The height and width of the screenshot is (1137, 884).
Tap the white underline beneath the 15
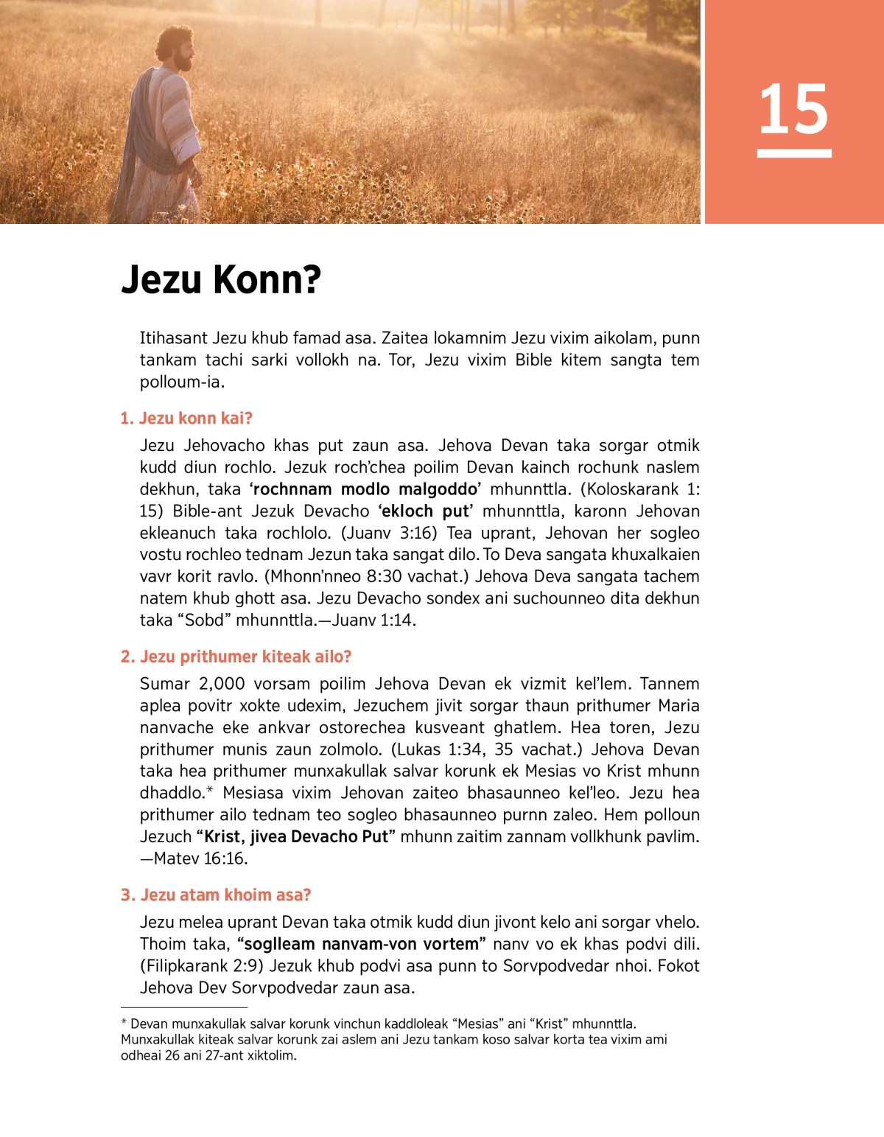[x=793, y=153]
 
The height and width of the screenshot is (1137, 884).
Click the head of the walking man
[x=177, y=48]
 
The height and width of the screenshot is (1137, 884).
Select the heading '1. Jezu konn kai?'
[x=186, y=419]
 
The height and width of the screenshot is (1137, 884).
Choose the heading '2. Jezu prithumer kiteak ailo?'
[x=236, y=657]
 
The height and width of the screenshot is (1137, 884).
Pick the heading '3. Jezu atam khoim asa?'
[x=216, y=895]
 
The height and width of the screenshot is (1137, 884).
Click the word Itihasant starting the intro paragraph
[x=174, y=338]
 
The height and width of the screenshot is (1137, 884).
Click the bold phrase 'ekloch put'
[x=425, y=511]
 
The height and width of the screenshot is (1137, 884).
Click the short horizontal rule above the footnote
[x=183, y=1007]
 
